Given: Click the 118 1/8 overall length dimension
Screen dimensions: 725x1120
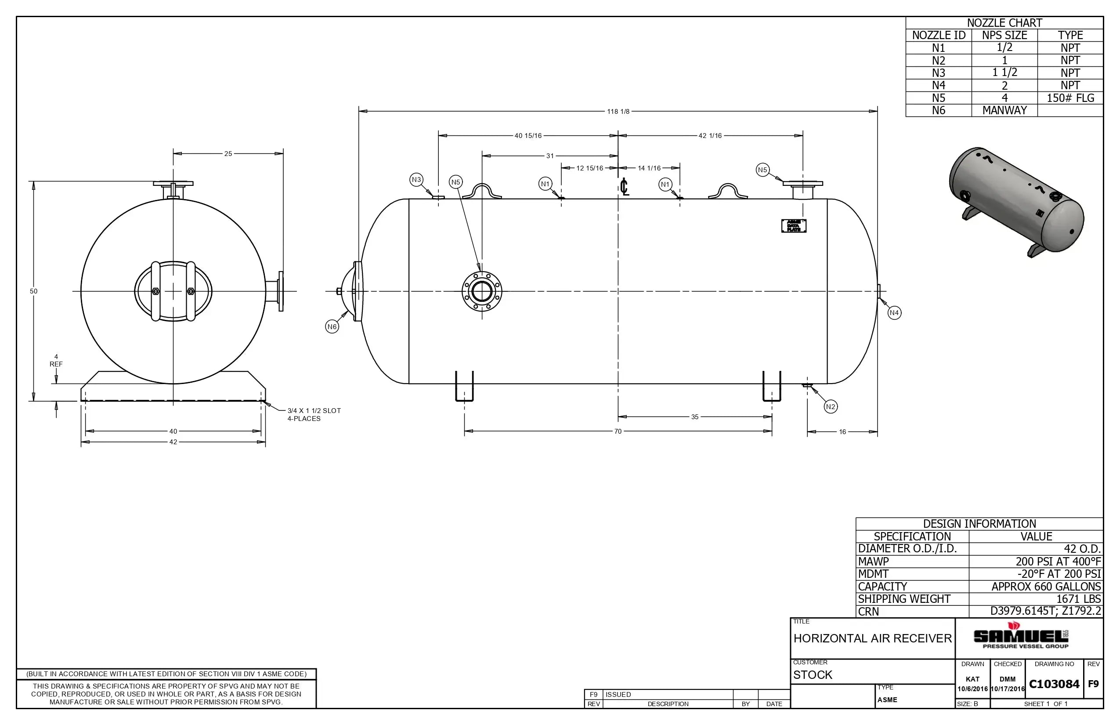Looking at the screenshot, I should click(618, 112).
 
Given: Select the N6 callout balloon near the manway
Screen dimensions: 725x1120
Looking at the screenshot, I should click(332, 327).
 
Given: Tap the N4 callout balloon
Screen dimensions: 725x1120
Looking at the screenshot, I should click(894, 312).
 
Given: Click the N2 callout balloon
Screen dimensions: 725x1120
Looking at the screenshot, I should click(831, 407).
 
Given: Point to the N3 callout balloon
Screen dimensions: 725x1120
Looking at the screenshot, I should click(416, 179).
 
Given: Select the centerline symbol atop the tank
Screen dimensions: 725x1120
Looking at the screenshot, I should click(624, 187).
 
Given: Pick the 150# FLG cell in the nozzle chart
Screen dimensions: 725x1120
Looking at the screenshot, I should click(1070, 98).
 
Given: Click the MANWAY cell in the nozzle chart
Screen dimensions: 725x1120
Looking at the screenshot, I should click(1004, 110).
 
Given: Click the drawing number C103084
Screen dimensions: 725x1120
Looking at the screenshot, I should click(1054, 684).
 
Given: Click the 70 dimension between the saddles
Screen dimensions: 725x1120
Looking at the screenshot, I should click(618, 431).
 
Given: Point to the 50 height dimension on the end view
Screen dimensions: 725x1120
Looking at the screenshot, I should click(33, 291).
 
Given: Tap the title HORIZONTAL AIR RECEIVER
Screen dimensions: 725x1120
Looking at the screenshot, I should click(872, 638).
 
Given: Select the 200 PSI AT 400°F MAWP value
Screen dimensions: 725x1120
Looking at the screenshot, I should click(1058, 561).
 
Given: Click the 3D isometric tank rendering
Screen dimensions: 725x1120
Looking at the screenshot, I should click(1016, 203).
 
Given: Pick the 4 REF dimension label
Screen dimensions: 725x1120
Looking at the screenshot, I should click(56, 361).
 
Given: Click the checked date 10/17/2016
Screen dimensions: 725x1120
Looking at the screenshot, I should click(1008, 689).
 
